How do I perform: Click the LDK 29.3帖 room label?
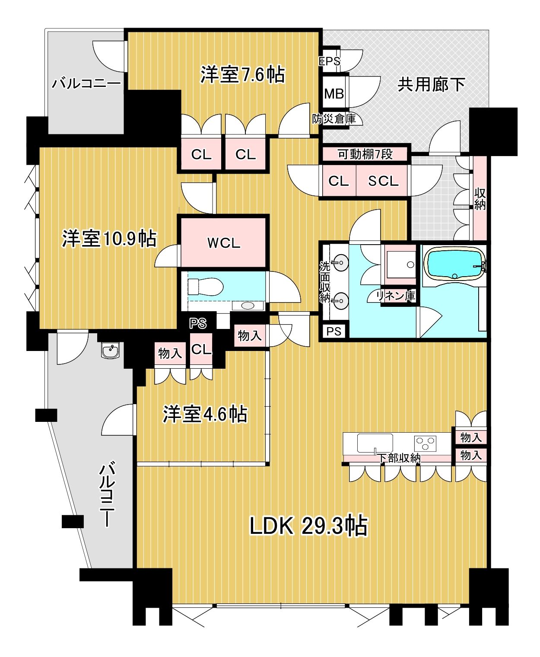pos(308,526)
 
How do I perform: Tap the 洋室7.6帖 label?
pos(242,74)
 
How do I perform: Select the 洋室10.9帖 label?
pos(109,239)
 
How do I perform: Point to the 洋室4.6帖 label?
pos(205,414)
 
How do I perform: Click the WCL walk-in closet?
pos(223,243)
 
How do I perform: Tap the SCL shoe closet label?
pos(383,181)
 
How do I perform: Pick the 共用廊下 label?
pos(431,84)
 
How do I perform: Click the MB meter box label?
pos(334,93)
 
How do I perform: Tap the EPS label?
pos(329,61)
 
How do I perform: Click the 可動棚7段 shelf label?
pos(365,154)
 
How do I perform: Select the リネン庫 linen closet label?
pos(396,296)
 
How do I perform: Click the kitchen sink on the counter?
pos(375,443)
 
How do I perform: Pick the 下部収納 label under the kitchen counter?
pos(398,458)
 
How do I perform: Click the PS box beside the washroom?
pos(334,331)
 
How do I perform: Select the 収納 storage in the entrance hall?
pos(480,199)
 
